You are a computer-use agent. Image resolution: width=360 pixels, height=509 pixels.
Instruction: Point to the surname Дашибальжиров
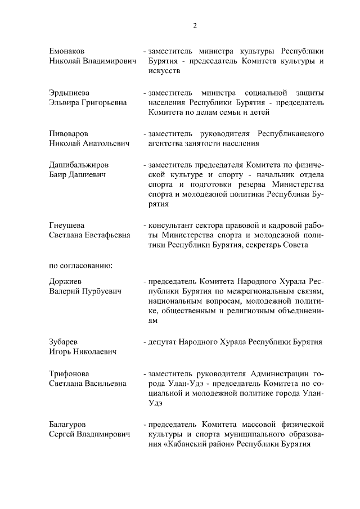coord(79,164)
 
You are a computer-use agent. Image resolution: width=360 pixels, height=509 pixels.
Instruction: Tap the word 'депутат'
coord(163,341)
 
